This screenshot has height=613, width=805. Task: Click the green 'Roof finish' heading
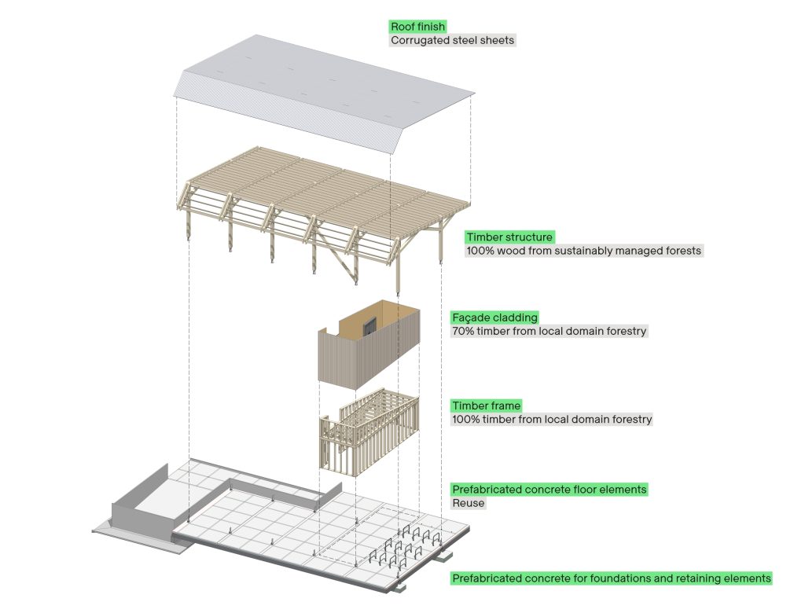coord(417,27)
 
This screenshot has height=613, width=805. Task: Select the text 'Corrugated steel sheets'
coord(453,40)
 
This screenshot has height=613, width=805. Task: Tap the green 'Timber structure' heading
coord(509,237)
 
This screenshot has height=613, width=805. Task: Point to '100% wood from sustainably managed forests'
coord(583,251)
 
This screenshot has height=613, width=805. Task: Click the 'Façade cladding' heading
coord(494,318)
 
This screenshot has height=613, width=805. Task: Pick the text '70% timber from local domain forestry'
coord(549,332)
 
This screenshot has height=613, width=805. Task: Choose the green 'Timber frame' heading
coord(486,406)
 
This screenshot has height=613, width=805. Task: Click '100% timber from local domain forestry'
coord(552,420)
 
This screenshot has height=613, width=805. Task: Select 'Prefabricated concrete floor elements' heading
coord(549,489)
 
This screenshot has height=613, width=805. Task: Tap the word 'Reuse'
coord(469,503)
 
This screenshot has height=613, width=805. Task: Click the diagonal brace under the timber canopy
coord(344,267)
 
